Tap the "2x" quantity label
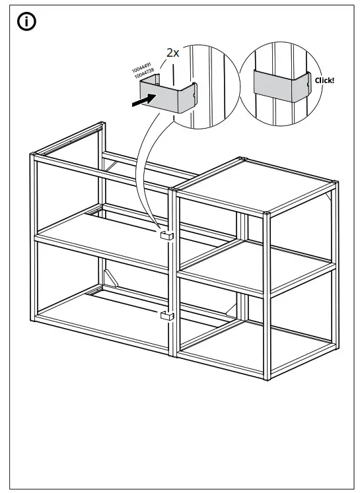172,53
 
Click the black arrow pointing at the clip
141,99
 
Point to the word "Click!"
325,80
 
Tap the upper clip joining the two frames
167,235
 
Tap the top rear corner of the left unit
99,124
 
